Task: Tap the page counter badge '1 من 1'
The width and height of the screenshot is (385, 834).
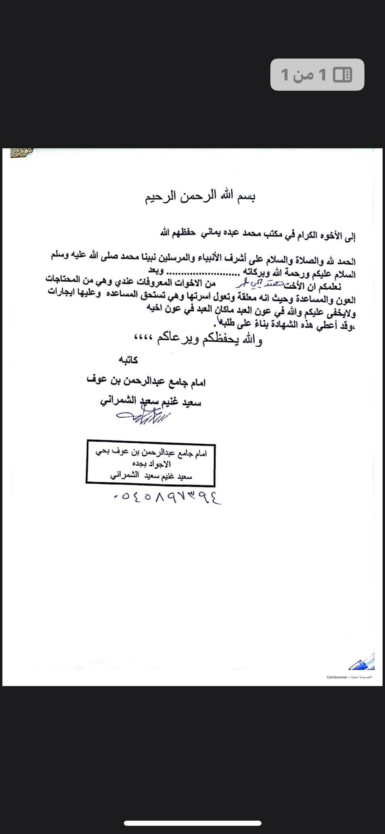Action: tap(317, 75)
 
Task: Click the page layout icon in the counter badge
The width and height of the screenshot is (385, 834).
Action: tap(343, 75)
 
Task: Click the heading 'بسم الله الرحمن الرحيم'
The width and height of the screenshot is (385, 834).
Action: tap(201, 197)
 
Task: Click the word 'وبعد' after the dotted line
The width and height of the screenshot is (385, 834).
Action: tap(156, 270)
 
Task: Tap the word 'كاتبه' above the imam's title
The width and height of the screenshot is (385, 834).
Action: tap(128, 360)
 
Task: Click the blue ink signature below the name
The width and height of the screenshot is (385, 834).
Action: tap(144, 417)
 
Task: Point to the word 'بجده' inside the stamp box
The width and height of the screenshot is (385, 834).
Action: tap(139, 464)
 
